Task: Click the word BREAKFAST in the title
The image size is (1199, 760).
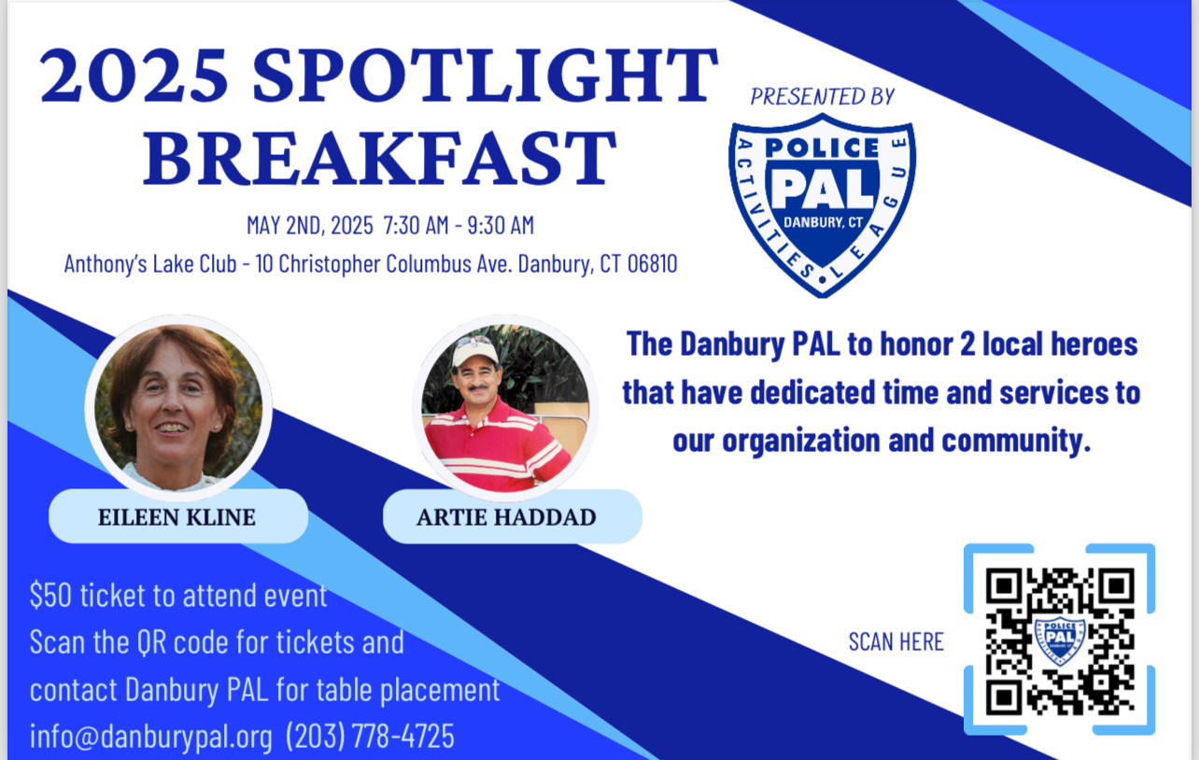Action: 379,159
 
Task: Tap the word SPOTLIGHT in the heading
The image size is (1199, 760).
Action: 485,76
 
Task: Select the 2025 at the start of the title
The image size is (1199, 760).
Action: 134,76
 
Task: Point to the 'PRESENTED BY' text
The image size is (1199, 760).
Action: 822,97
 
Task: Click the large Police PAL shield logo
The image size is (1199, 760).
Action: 822,205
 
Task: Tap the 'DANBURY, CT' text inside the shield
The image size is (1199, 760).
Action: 823,222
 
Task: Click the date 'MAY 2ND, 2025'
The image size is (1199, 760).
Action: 310,225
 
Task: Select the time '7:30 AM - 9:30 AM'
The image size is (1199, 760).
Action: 458,225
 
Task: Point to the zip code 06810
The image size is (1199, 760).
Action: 652,263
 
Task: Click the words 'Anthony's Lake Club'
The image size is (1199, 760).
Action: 150,263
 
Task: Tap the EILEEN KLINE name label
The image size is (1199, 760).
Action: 177,517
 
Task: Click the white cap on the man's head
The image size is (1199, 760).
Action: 474,351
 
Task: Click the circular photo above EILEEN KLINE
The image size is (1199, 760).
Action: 178,408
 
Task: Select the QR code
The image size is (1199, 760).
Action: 1060,640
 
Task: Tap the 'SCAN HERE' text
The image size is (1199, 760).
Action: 896,641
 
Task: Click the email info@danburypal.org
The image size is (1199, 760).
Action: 151,737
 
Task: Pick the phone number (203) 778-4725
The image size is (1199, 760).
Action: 370,736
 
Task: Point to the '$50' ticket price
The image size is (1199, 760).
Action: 50,595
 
